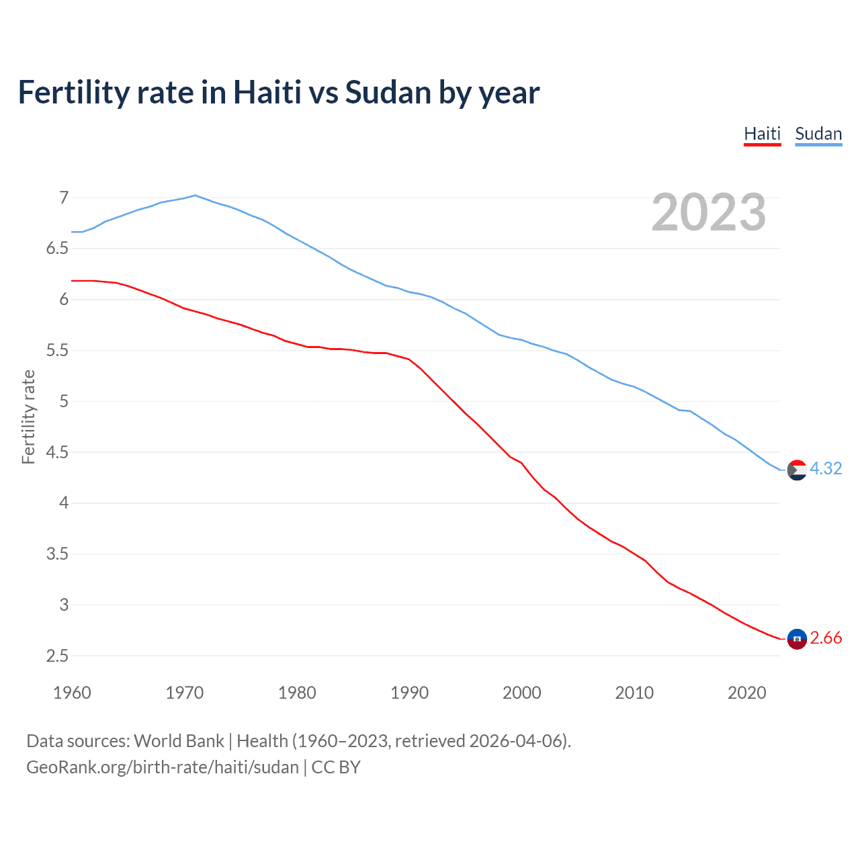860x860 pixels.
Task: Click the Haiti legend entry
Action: coord(762,134)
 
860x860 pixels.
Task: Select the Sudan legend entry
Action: coord(818,134)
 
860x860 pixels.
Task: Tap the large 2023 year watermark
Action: coord(708,212)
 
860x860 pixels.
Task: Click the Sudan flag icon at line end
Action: coord(797,470)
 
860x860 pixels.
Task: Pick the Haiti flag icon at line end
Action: coord(797,639)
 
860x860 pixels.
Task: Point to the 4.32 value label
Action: coord(826,468)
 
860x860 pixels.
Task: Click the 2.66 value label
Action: coord(826,638)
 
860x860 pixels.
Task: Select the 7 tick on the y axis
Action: coord(64,198)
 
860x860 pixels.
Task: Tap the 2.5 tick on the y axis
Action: coord(57,656)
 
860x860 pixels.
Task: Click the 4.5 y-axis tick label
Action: coord(57,452)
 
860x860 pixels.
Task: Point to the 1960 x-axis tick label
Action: coord(72,693)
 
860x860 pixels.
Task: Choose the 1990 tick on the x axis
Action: coord(409,693)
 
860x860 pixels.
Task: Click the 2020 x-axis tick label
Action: coord(746,693)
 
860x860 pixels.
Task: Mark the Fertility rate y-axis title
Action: coord(28,417)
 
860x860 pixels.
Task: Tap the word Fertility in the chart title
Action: coord(73,93)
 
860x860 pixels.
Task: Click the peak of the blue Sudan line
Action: coord(195,196)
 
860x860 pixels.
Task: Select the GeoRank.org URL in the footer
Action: coord(162,767)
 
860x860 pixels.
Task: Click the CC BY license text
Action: coord(336,767)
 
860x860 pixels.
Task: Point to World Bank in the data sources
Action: coord(179,741)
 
